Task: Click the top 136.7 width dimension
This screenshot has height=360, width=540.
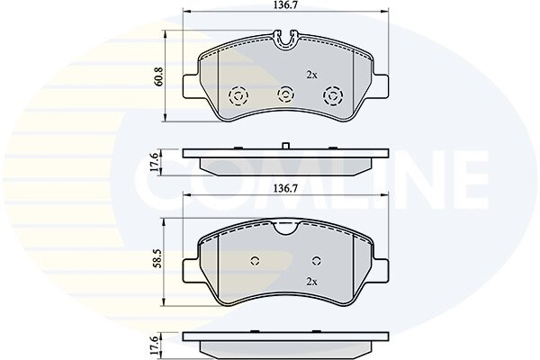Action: pos(285,5)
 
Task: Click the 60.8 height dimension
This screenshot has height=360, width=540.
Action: pos(159,76)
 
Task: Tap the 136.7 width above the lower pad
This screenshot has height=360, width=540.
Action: pos(285,188)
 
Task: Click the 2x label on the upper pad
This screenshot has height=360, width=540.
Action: pos(311,75)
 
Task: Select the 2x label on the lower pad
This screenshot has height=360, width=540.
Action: pos(311,282)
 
